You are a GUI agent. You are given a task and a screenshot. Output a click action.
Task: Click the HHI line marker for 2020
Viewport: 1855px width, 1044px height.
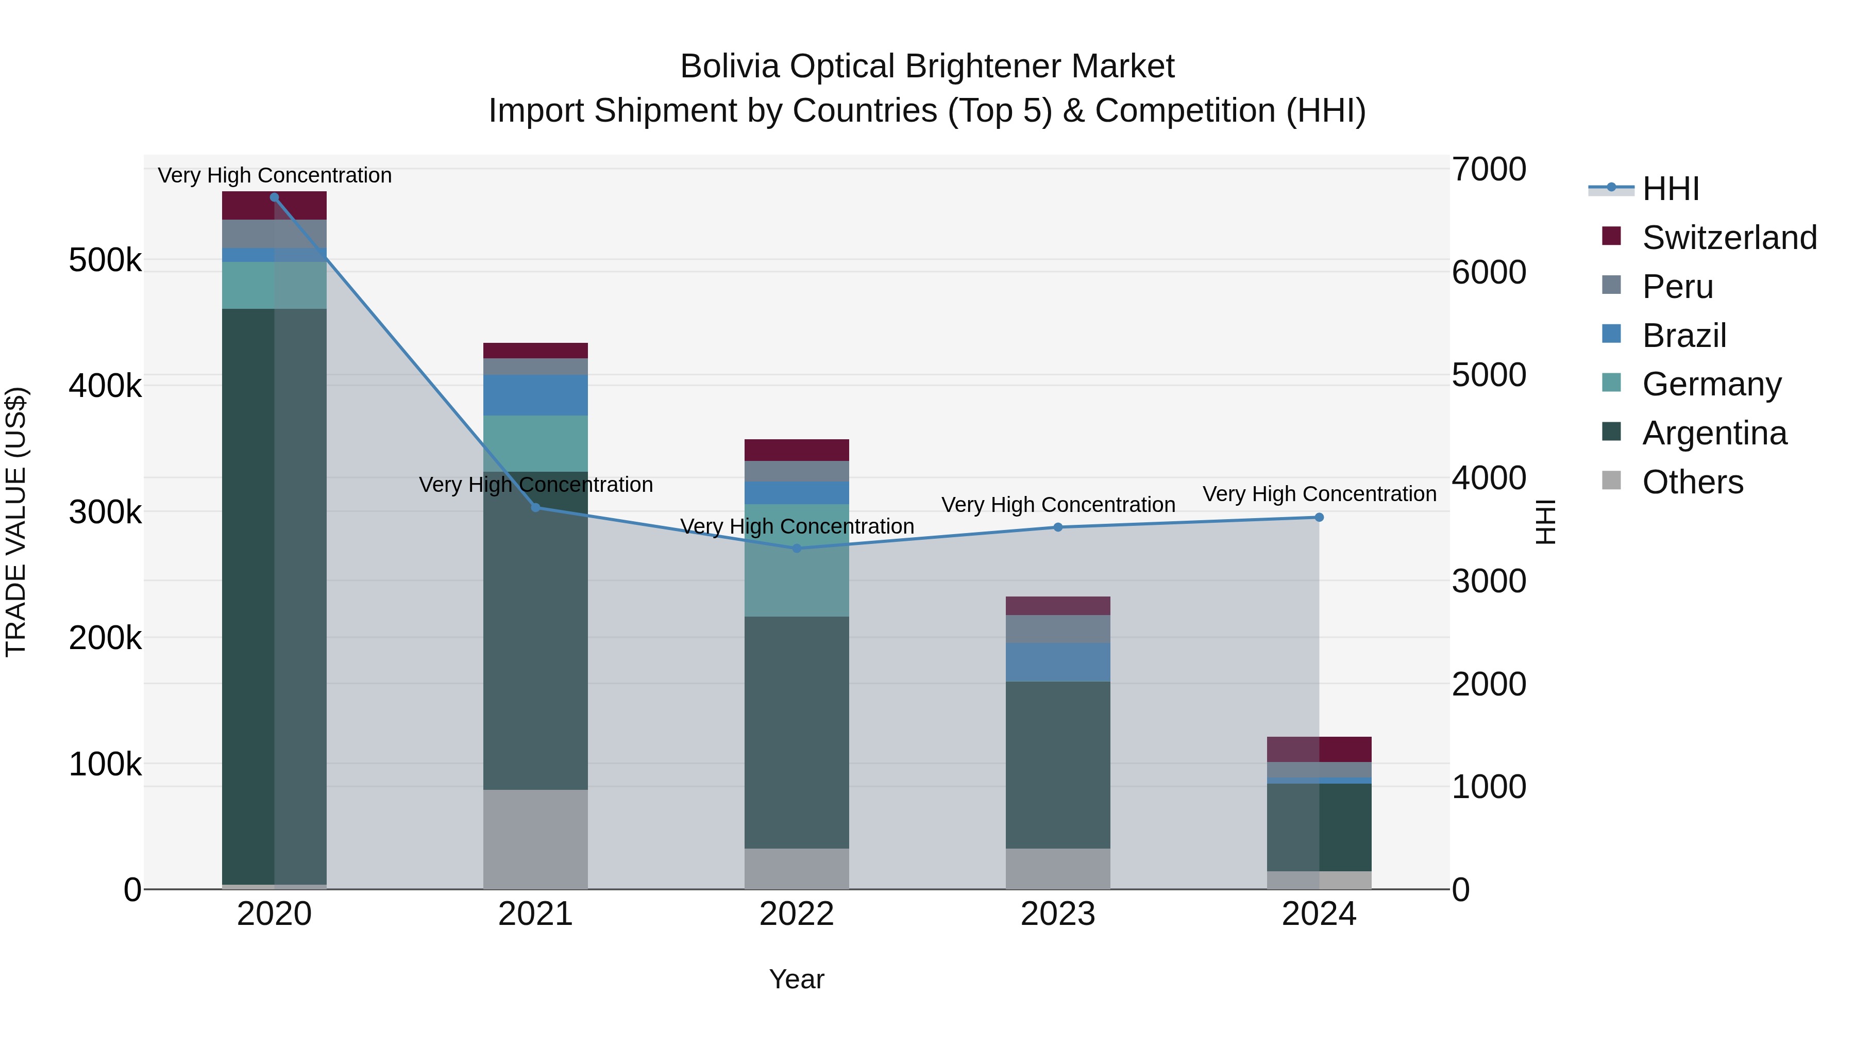click(x=274, y=197)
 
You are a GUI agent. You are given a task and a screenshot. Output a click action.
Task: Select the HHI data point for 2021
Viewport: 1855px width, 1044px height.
click(x=536, y=508)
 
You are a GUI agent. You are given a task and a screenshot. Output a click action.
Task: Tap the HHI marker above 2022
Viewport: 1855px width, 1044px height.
click(x=797, y=549)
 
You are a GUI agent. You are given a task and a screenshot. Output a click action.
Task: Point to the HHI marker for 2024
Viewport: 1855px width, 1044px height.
click(x=1319, y=517)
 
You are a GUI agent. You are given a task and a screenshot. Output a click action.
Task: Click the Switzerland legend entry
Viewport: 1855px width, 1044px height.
click(x=1729, y=238)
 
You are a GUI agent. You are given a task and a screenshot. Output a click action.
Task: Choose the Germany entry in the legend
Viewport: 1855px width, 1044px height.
click(x=1711, y=384)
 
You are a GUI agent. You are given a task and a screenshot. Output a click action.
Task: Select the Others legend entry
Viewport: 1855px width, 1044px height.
click(x=1692, y=482)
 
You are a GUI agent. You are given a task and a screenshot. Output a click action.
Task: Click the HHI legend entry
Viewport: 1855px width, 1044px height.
click(x=1670, y=189)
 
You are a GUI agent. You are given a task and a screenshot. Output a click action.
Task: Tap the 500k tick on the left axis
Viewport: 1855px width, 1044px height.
click(x=105, y=260)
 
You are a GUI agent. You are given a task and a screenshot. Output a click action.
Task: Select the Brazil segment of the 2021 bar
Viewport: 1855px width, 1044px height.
click(x=536, y=395)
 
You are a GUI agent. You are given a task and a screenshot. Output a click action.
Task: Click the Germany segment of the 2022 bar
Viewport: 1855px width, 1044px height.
click(x=797, y=560)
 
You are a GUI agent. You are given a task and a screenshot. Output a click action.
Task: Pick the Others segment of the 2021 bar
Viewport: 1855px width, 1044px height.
click(x=536, y=839)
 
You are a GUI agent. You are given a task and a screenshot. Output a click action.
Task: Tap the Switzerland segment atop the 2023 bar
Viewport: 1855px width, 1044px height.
click(x=1058, y=606)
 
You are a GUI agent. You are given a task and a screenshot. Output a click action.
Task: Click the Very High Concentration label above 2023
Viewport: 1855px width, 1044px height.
click(x=1058, y=505)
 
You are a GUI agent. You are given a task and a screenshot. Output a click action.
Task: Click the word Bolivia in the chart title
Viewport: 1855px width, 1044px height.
click(x=729, y=67)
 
